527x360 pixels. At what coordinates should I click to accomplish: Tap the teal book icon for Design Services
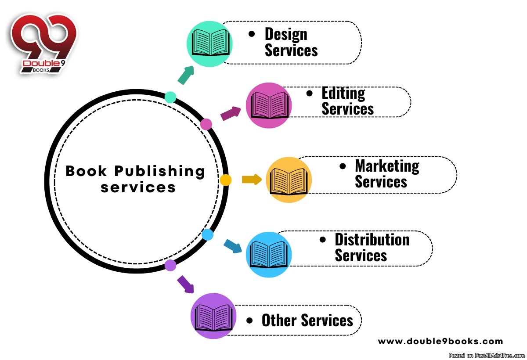pos(209,43)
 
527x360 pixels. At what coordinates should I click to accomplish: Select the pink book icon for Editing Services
pos(269,105)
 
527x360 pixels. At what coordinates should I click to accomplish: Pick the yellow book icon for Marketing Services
pos(289,180)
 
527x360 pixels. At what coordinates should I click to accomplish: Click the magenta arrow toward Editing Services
pos(231,113)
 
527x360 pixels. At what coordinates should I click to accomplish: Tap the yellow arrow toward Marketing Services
pos(252,179)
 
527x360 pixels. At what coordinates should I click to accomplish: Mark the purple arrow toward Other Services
pos(185,284)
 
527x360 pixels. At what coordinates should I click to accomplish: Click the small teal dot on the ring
pos(170,97)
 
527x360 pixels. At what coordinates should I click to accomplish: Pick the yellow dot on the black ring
pos(225,180)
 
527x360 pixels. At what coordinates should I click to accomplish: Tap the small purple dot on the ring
pos(170,265)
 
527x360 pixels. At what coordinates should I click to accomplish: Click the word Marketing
pos(387,166)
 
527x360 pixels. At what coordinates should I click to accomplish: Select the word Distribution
pos(372,240)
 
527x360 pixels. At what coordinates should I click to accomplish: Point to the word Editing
pos(343,94)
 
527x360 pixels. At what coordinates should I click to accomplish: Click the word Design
pos(286,34)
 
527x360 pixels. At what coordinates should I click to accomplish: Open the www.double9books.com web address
pos(440,341)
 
